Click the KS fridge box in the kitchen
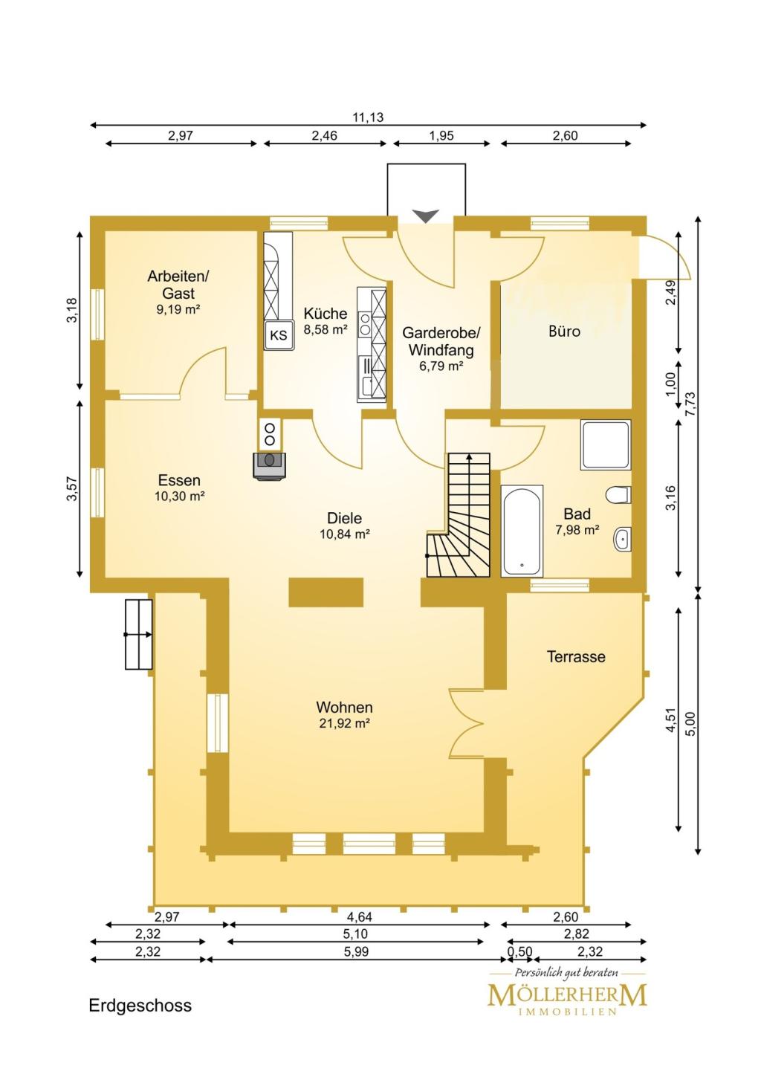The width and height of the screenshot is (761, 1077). coord(279,335)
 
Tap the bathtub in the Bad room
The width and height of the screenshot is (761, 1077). coord(522,531)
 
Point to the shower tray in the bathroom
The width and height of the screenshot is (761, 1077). coord(605,444)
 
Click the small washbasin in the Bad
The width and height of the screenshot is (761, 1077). coord(622,539)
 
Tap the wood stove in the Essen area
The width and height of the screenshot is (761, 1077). coord(269,465)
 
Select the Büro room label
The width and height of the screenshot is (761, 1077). coord(564,331)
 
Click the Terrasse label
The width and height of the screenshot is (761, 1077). coord(576,656)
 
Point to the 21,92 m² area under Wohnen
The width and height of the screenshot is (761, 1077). coord(344,723)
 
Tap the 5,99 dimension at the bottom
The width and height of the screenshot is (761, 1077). coord(356,951)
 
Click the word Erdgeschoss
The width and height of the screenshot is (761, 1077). coord(140,1006)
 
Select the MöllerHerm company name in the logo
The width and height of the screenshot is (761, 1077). coord(566,994)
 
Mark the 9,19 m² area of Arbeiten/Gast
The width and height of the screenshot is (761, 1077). coord(178,309)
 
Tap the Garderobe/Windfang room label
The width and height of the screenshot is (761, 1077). coord(441,341)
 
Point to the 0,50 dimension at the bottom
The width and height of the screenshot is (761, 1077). coord(519,951)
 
